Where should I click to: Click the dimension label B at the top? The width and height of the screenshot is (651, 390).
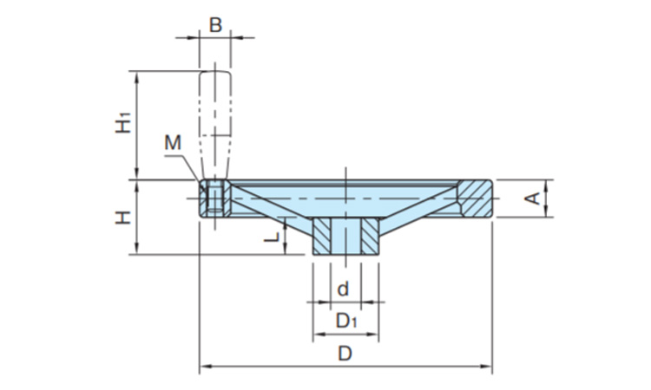[x=215, y=24]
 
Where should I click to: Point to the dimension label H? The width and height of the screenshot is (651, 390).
[x=123, y=217]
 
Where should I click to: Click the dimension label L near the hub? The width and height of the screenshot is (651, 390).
[x=272, y=235]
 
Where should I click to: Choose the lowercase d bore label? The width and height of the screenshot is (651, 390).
[x=344, y=288]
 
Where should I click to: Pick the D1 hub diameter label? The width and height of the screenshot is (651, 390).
[x=345, y=322]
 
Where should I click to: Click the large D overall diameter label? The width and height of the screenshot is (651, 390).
[x=345, y=354]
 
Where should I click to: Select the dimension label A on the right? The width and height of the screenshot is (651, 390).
[x=536, y=198]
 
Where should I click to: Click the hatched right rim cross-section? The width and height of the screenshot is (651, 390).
[x=477, y=198]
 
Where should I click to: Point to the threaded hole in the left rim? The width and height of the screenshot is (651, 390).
[x=214, y=198]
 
